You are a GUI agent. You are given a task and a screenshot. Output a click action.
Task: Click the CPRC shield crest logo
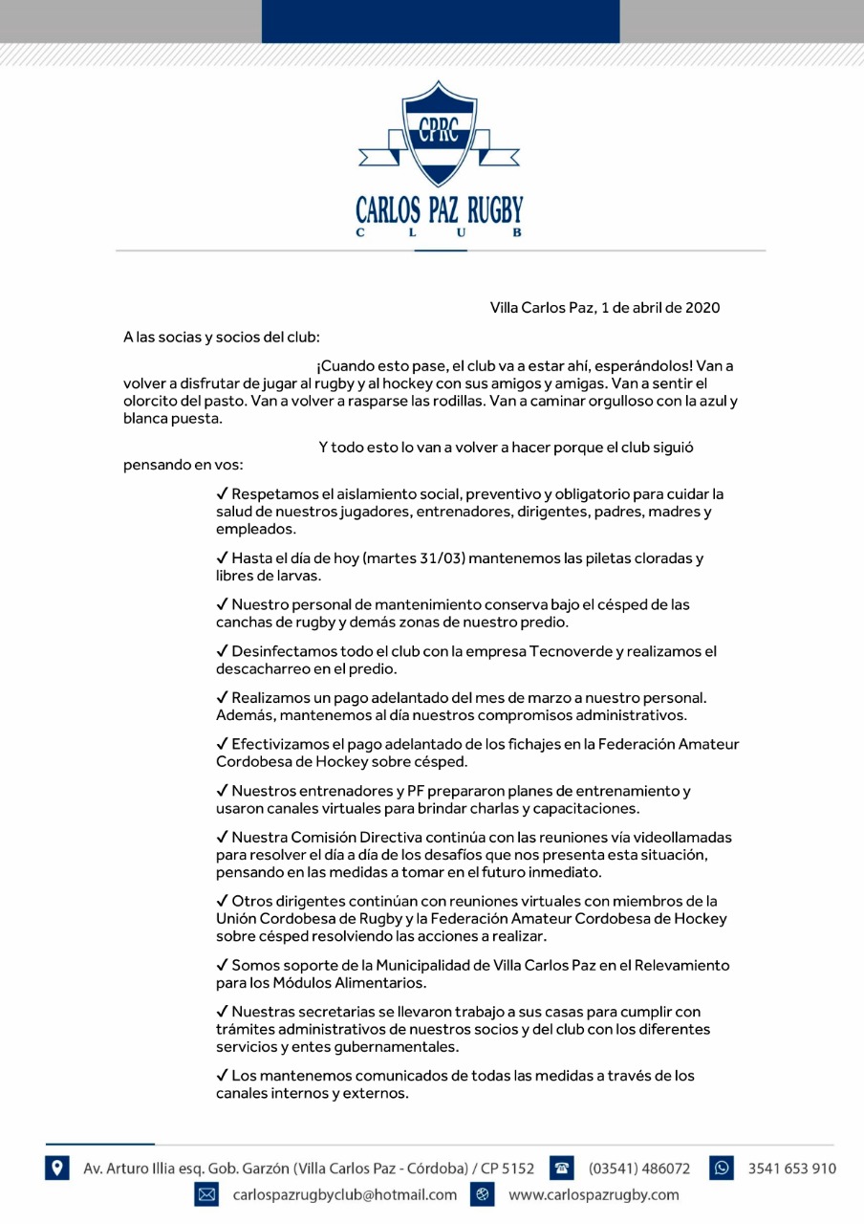coord(438,135)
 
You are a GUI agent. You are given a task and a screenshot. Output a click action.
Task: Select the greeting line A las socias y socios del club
coord(222,338)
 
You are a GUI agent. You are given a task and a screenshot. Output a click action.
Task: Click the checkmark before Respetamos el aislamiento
coord(222,494)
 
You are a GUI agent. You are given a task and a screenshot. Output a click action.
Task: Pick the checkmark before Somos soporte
coord(222,966)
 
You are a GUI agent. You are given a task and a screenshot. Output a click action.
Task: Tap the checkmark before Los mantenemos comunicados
coord(222,1076)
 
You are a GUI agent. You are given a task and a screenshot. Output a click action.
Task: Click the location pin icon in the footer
coord(56,1168)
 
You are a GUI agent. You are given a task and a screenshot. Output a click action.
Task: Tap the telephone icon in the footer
coord(562,1168)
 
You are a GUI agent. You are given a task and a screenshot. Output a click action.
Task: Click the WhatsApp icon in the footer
coord(721,1168)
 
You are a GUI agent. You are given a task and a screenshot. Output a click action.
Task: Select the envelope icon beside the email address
coord(206,1194)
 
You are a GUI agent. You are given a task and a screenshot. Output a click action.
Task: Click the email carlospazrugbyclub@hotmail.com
coord(345,1194)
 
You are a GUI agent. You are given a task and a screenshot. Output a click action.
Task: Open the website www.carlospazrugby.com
coord(594,1194)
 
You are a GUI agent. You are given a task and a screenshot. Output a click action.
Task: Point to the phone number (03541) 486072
coord(639,1168)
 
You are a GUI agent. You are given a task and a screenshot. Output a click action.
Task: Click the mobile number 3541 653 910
coord(791,1168)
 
